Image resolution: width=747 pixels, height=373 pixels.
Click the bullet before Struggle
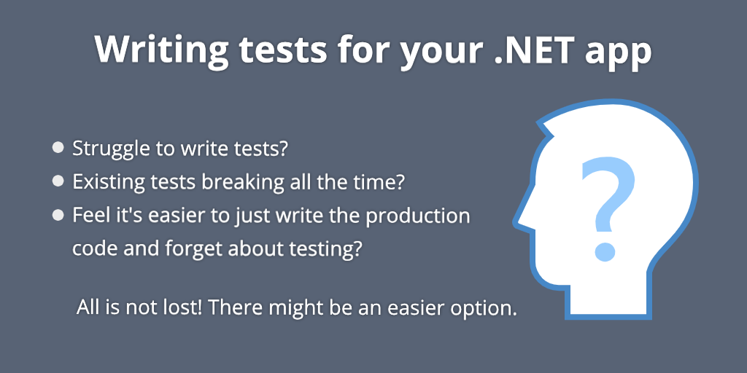pos(58,148)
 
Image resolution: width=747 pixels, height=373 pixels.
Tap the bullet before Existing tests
pos(58,182)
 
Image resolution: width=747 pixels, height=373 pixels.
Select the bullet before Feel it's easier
pos(58,216)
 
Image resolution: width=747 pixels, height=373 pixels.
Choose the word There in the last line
pos(236,307)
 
